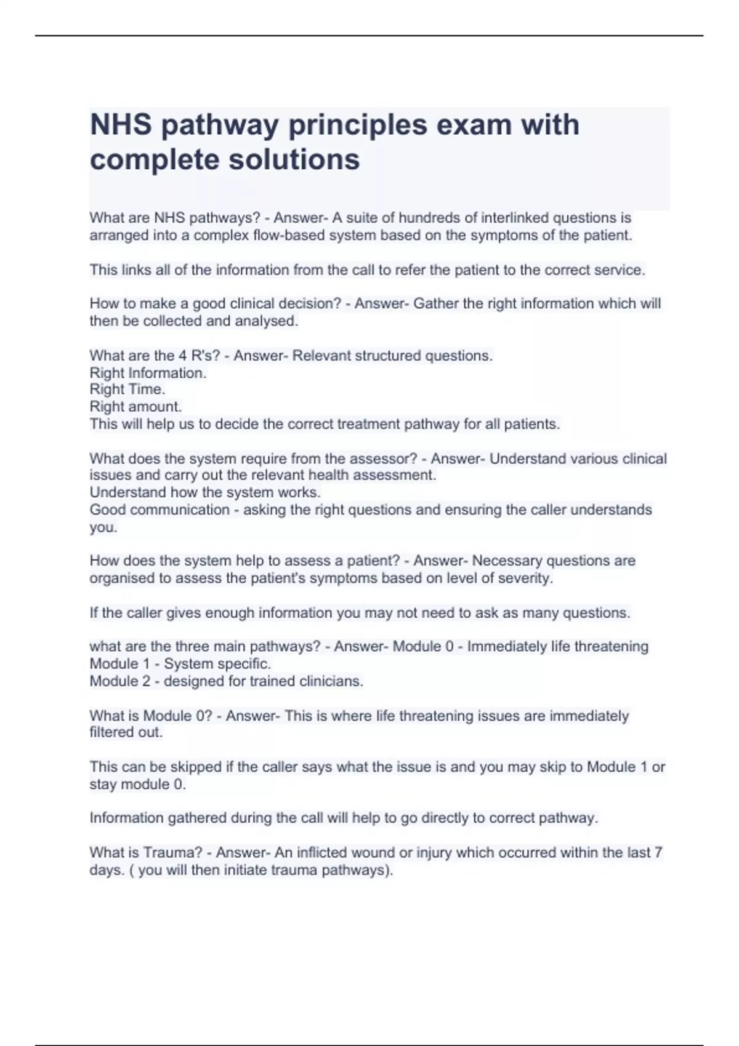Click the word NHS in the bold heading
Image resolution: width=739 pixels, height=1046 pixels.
(x=121, y=125)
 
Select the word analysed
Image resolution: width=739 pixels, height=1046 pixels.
(x=266, y=321)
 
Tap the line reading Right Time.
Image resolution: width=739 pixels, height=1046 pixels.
(x=127, y=389)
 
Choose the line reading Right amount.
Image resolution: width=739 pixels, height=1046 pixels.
(x=135, y=407)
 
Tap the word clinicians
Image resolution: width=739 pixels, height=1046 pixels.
(x=331, y=681)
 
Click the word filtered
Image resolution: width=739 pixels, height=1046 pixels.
(x=113, y=732)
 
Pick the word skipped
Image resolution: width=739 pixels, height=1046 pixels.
(x=201, y=767)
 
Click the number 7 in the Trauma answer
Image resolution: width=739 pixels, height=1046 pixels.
(x=658, y=853)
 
